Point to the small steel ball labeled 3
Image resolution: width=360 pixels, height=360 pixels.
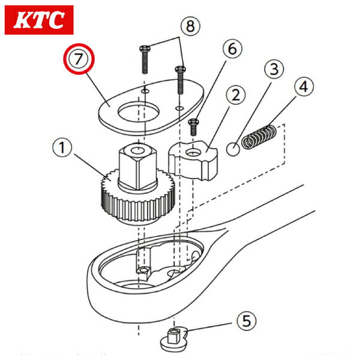click(234, 147)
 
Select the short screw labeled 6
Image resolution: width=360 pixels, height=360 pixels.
click(193, 127)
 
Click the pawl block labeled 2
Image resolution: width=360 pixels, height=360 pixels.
click(191, 159)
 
